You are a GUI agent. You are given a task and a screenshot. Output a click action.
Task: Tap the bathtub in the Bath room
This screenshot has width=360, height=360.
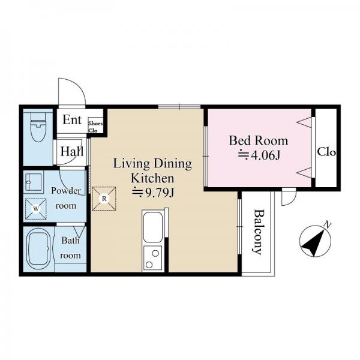click(38, 248)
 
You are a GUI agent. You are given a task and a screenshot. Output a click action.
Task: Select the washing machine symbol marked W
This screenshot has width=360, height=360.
click(36, 209)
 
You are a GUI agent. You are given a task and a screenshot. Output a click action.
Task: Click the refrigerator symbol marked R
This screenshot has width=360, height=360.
click(104, 199)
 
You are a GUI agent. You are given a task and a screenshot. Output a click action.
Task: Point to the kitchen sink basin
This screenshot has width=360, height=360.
click(152, 227)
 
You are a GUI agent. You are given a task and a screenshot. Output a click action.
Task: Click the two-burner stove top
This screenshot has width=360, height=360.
click(152, 257)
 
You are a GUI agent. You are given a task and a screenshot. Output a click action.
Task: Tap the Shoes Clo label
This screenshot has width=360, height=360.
click(95, 127)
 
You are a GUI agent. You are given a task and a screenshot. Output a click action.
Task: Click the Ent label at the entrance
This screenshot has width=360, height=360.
click(72, 119)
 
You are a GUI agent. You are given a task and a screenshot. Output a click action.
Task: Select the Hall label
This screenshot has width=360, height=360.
click(72, 151)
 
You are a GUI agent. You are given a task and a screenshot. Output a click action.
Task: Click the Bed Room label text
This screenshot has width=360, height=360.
click(258, 140)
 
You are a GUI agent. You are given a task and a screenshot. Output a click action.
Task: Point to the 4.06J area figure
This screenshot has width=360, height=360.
click(259, 155)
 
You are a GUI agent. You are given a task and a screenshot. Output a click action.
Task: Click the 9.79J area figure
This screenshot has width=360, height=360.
click(153, 193)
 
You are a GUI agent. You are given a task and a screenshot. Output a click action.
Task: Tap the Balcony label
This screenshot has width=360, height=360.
click(257, 232)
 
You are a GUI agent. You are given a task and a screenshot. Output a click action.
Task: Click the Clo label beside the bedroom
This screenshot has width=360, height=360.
click(326, 152)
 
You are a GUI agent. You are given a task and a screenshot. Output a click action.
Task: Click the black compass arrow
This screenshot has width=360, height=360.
click(313, 242)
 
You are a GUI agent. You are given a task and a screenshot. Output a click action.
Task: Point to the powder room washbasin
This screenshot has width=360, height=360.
click(34, 182)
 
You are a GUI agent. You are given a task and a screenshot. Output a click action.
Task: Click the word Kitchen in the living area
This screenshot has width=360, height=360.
click(152, 178)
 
